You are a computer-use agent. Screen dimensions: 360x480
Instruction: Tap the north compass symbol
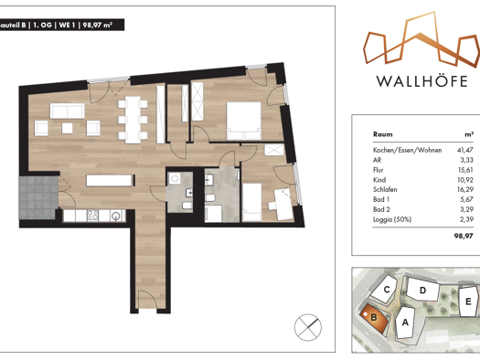pyautogui.click(x=308, y=326)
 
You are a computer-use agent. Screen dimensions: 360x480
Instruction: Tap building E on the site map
pyautogui.click(x=467, y=301)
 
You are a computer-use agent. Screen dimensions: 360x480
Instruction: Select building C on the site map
pyautogui.click(x=388, y=291)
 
